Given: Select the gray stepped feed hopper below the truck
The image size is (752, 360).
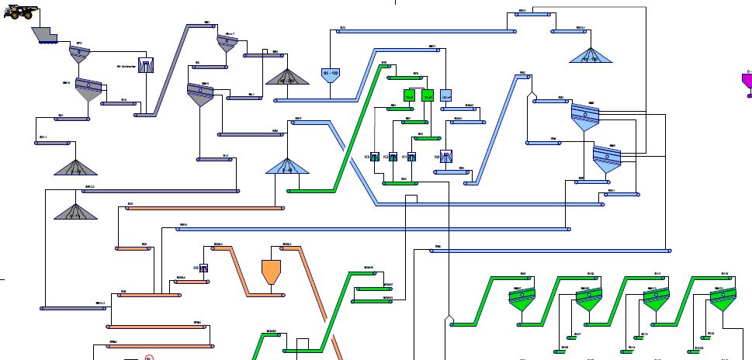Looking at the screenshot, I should click(x=46, y=35).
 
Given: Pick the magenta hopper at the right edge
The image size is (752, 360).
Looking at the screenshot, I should click(x=747, y=81).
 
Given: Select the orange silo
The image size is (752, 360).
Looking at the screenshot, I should click(x=270, y=271).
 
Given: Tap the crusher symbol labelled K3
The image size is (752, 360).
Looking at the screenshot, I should click(x=374, y=157).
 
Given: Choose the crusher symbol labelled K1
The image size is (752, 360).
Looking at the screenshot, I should click(x=411, y=157).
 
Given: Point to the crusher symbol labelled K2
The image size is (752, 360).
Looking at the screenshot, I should click(x=393, y=157).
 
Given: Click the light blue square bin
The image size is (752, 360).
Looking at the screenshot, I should click(x=445, y=96).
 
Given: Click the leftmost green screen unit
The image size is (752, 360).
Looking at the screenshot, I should click(x=519, y=299).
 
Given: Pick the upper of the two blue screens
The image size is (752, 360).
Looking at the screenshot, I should click(x=584, y=116).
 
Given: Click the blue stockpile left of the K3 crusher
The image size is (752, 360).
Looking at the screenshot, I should click(x=287, y=164).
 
